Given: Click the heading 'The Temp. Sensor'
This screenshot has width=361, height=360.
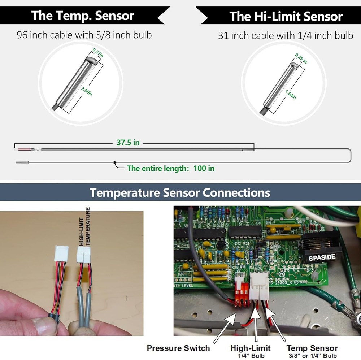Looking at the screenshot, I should point(83,16).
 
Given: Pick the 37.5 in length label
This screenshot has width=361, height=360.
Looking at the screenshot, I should point(128,142).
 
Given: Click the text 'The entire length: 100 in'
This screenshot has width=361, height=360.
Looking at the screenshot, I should point(170,168).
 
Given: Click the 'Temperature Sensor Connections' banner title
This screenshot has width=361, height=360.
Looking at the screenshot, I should point(180,192).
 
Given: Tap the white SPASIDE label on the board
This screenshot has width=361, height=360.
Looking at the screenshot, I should point(322,257).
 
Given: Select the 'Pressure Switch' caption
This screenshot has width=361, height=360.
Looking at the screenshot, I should point(178,348).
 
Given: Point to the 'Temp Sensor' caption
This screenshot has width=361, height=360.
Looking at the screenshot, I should point(312,348).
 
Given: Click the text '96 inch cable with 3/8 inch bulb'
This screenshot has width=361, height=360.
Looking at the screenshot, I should point(84,35).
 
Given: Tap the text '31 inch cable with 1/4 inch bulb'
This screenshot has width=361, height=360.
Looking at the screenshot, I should point(285,36).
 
